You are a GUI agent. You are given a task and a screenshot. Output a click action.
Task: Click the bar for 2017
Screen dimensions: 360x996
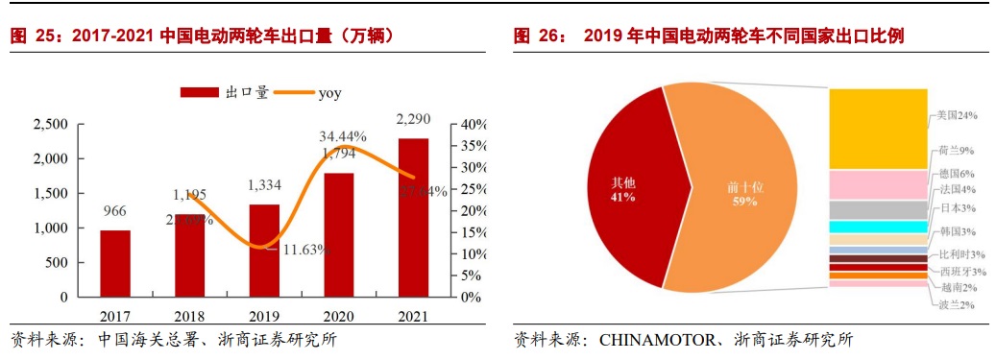tap(114, 263)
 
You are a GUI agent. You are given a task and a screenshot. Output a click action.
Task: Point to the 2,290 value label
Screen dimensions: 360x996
tap(413, 120)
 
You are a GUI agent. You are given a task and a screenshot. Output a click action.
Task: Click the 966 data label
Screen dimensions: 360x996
tap(114, 212)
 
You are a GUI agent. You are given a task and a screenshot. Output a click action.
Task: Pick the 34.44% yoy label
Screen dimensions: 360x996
tap(343, 136)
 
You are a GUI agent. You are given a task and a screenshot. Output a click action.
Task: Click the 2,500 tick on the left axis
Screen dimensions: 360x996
tap(50, 125)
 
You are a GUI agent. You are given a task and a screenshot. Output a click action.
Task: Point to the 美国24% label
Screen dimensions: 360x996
tap(957, 115)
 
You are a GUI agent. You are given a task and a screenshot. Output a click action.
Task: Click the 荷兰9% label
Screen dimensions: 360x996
tap(957, 151)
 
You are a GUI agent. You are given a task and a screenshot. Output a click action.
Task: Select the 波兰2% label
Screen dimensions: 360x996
tap(957, 304)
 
